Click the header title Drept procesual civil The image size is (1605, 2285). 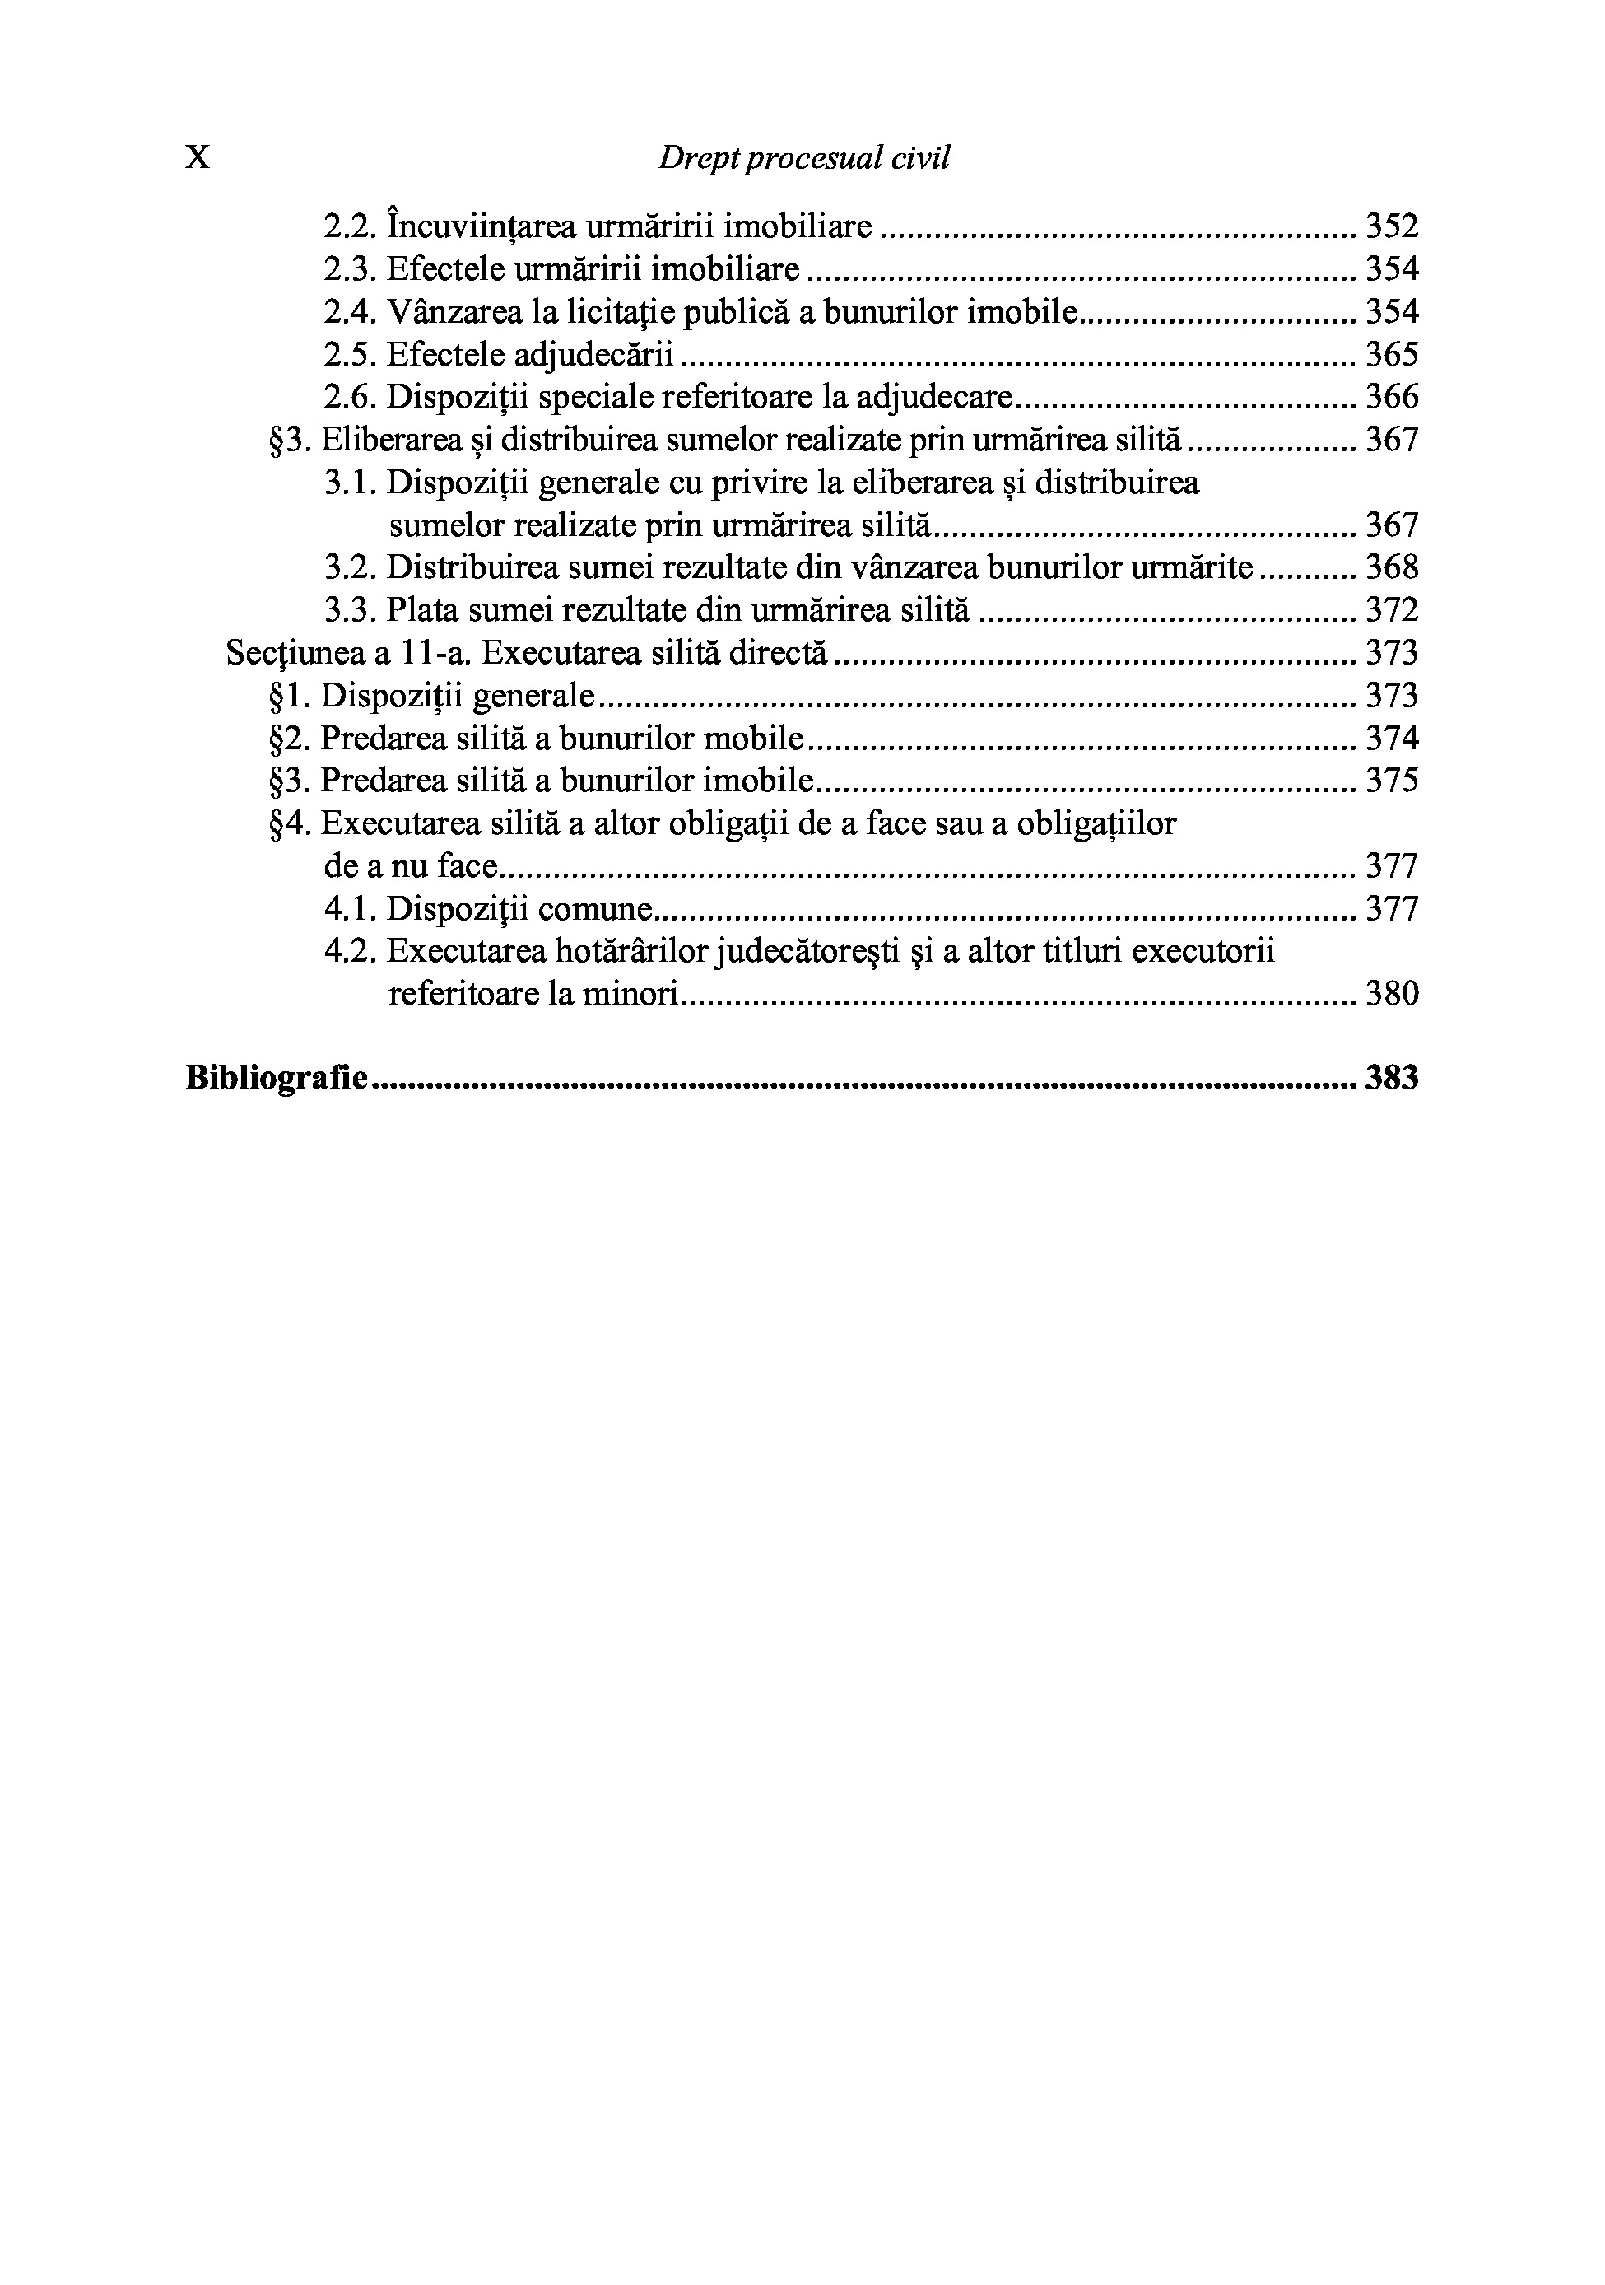(x=803, y=158)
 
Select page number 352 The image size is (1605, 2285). (x=1391, y=227)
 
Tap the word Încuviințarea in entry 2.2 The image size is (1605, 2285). (x=481, y=227)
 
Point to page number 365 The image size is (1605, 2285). (x=1391, y=355)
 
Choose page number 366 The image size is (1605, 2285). (x=1391, y=398)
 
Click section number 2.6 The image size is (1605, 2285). (x=351, y=398)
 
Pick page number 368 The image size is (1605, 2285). (x=1391, y=567)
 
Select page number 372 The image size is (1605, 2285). (x=1391, y=610)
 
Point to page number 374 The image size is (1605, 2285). (x=1391, y=739)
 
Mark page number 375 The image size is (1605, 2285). (x=1391, y=781)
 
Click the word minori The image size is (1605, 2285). (x=636, y=994)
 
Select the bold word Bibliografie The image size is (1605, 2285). (x=277, y=1079)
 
